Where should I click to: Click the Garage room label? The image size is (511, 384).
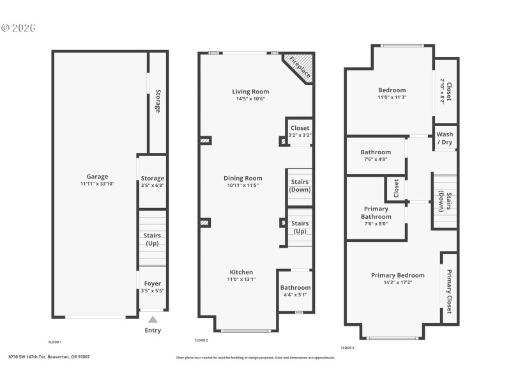click(x=97, y=177)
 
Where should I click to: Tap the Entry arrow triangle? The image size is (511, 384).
click(x=152, y=319)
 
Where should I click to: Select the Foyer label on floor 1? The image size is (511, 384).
click(x=152, y=284)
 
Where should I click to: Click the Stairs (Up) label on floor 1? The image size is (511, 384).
click(x=152, y=239)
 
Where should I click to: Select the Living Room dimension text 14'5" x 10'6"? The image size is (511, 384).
click(x=250, y=99)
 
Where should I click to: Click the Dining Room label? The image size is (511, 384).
click(x=243, y=178)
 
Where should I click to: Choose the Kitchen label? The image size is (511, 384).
click(x=241, y=272)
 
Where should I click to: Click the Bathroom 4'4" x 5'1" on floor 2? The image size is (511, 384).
click(x=295, y=291)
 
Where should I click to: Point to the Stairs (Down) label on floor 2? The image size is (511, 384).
click(x=300, y=186)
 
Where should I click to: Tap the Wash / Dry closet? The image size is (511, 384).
click(x=445, y=138)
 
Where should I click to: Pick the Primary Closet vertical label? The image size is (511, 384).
click(x=449, y=292)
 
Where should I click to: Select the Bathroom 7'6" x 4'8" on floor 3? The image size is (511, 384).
click(x=376, y=156)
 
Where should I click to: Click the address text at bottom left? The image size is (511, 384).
click(x=49, y=356)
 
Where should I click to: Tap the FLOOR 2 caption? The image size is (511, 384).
click(x=201, y=340)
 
